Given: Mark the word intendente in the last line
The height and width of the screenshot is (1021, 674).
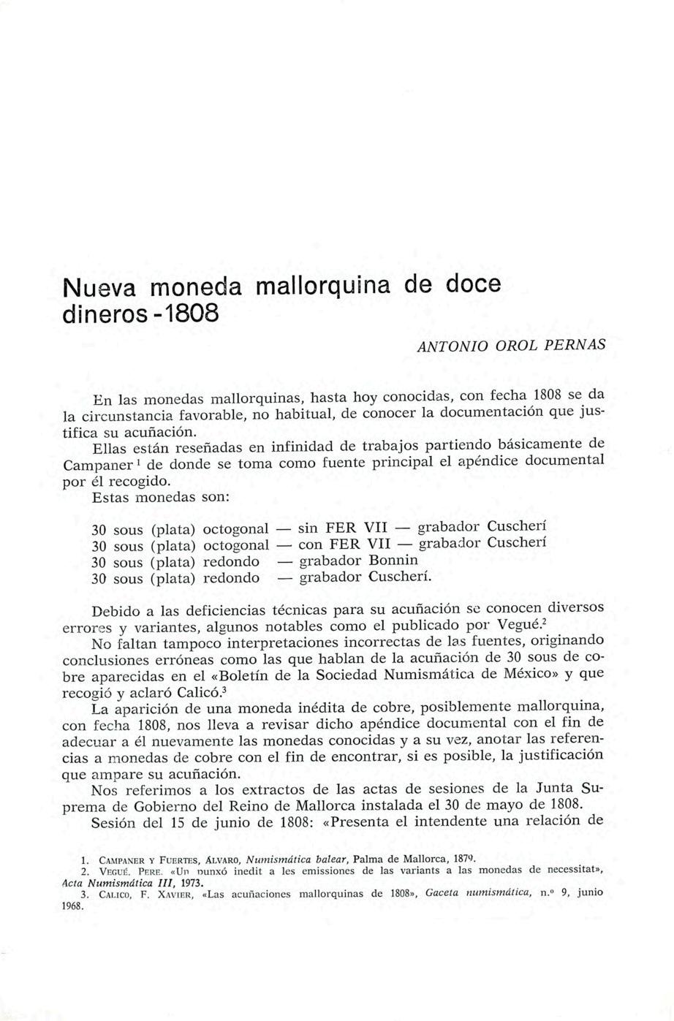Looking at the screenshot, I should pos(450,821).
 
